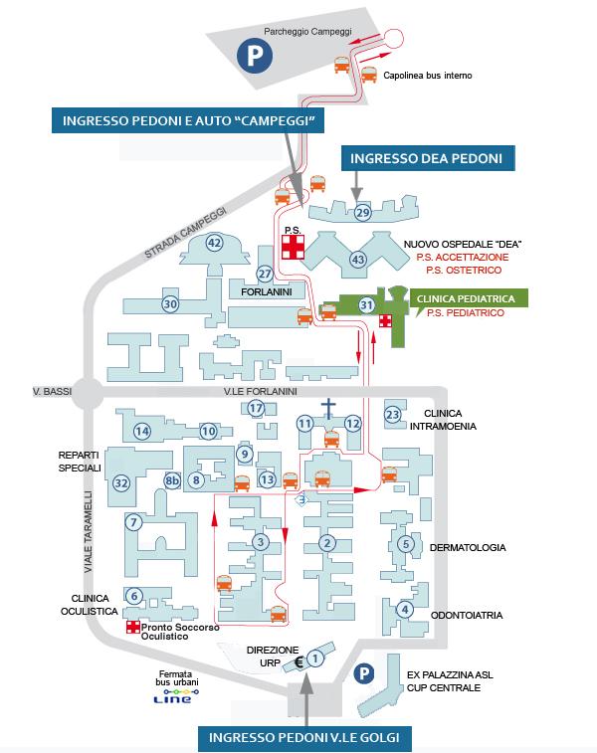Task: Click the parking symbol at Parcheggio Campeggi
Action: click(x=253, y=55)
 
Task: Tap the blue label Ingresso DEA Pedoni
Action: click(x=428, y=158)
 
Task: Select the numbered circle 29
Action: click(x=362, y=212)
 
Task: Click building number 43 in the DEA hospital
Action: click(x=358, y=261)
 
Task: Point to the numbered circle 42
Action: click(x=214, y=243)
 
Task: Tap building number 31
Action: click(x=366, y=304)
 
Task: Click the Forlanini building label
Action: click(x=264, y=293)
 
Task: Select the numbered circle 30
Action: click(x=170, y=304)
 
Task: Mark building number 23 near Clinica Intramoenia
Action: click(x=393, y=414)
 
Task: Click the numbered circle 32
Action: click(x=121, y=483)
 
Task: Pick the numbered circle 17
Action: click(x=256, y=408)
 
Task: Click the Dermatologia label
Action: click(x=468, y=547)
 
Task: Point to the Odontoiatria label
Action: click(x=468, y=615)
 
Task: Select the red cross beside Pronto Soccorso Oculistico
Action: click(x=132, y=628)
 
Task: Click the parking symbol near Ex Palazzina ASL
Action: click(x=364, y=672)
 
